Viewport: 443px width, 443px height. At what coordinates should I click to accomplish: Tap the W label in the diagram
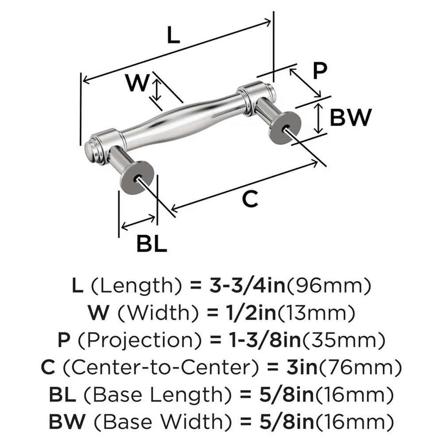136,83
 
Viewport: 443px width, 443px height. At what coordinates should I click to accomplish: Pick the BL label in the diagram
152,243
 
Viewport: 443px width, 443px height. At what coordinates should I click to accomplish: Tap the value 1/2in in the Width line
247,314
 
